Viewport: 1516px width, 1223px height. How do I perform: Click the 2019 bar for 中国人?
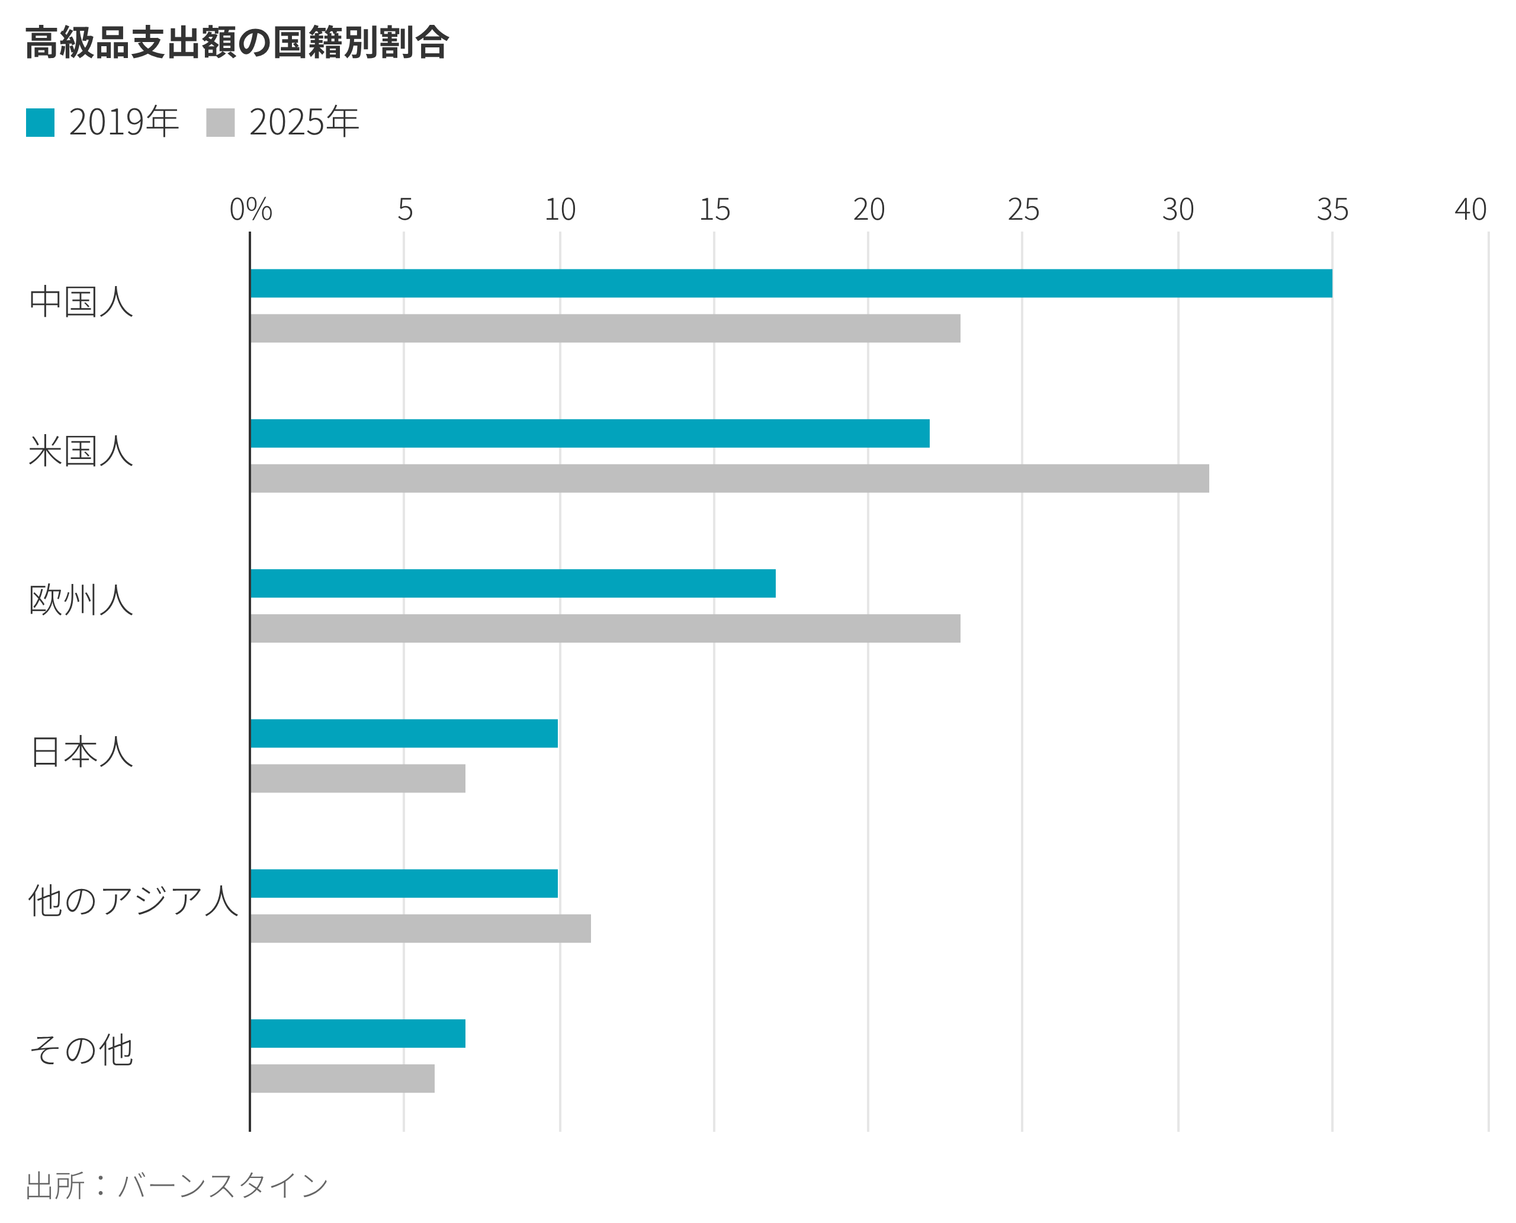pos(791,283)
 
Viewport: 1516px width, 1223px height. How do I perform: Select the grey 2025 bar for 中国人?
pos(605,328)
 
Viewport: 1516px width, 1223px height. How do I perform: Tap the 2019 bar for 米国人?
pos(590,434)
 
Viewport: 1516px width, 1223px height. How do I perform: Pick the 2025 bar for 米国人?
pos(729,479)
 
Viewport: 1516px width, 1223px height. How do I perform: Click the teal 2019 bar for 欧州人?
pos(513,583)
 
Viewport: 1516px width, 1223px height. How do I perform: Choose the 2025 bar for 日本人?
pos(358,778)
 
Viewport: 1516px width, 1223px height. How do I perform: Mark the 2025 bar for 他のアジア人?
pos(420,929)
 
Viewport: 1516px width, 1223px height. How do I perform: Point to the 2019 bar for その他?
pos(358,1033)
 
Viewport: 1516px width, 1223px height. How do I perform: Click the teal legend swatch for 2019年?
pos(40,123)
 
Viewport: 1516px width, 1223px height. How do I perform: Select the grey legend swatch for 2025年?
pos(220,123)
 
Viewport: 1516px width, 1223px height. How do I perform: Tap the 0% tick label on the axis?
pos(250,209)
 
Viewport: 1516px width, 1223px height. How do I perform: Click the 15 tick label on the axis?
pos(714,209)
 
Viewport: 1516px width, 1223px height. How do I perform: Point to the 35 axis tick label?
pos(1332,209)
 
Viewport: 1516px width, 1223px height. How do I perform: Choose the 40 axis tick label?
pos(1471,209)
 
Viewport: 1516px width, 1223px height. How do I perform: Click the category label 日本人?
pos(81,751)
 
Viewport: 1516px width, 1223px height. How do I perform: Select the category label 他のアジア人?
pos(133,901)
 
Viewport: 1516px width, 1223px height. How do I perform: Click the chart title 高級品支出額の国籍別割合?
pos(237,43)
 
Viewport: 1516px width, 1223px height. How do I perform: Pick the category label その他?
pos(81,1051)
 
